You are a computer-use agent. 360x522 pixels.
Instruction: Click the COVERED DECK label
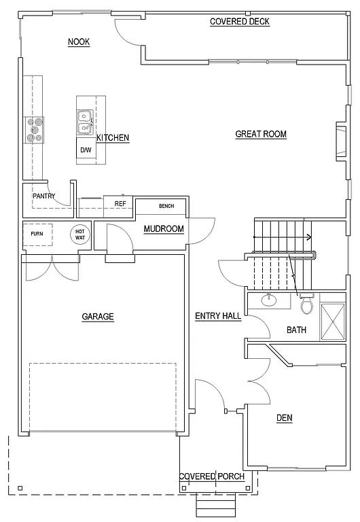239,22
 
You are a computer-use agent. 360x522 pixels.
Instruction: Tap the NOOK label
79,42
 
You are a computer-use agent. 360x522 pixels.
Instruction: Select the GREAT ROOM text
261,135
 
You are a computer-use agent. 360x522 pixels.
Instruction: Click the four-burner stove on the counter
35,129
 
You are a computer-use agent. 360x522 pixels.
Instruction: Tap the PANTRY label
43,196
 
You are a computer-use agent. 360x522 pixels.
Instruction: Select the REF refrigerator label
120,204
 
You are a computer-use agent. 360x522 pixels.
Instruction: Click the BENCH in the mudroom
166,206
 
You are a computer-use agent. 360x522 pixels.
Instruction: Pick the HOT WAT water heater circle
79,234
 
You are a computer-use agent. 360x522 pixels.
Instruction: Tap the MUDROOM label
164,229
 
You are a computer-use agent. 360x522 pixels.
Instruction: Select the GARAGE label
98,317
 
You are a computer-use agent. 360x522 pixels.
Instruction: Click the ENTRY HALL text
218,316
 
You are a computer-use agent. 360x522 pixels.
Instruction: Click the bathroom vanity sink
270,300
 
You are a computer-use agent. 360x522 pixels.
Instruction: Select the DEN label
284,417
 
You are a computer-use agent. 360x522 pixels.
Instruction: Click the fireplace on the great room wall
341,141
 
